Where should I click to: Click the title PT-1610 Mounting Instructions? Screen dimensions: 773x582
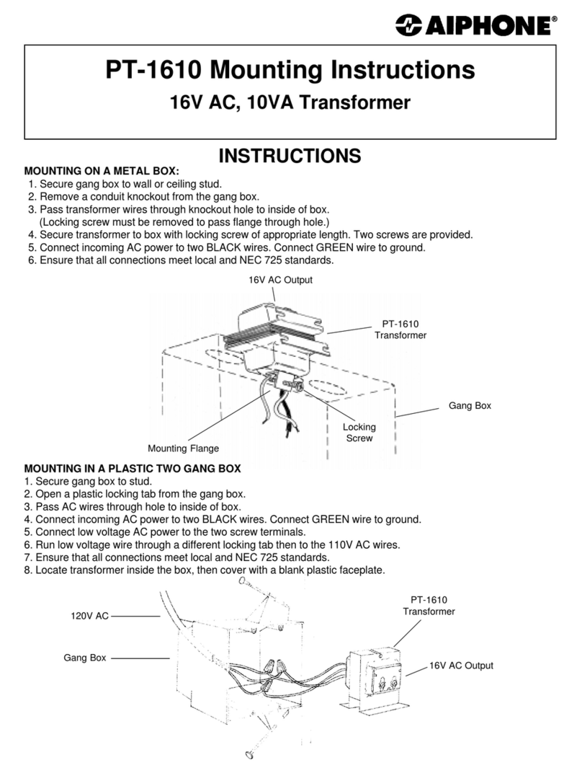pyautogui.click(x=290, y=71)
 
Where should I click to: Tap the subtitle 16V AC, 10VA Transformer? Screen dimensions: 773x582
pyautogui.click(x=290, y=102)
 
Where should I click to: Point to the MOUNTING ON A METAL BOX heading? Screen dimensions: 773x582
pyautogui.click(x=102, y=172)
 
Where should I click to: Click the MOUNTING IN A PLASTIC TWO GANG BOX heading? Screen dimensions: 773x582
pyautogui.click(x=133, y=469)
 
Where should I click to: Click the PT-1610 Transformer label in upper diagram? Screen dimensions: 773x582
pyautogui.click(x=400, y=330)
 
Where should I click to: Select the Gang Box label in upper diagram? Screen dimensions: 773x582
pyautogui.click(x=470, y=406)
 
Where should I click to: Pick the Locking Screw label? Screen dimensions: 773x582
pyautogui.click(x=359, y=432)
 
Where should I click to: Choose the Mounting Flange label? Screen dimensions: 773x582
pyautogui.click(x=183, y=449)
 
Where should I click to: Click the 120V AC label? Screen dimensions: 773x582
pyautogui.click(x=89, y=616)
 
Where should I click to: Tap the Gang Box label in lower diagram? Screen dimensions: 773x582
pyautogui.click(x=84, y=658)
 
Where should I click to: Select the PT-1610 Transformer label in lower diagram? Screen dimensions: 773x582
pyautogui.click(x=429, y=605)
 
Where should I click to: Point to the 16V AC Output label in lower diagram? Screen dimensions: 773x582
pyautogui.click(x=461, y=666)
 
